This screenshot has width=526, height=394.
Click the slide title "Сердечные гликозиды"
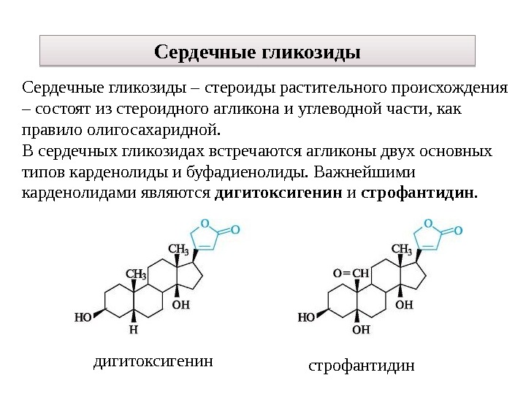click(x=257, y=53)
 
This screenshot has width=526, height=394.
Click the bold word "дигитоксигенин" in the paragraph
click(x=278, y=195)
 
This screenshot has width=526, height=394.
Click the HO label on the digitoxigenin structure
click(x=83, y=317)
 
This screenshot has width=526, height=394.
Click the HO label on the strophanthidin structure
click(x=306, y=317)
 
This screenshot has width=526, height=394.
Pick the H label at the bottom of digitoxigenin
click(x=133, y=329)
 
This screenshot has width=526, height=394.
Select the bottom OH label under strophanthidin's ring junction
click(x=361, y=330)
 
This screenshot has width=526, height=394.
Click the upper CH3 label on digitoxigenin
click(x=179, y=250)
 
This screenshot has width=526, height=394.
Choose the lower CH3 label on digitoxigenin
click(x=137, y=274)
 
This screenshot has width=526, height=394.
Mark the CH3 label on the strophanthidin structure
click(x=403, y=250)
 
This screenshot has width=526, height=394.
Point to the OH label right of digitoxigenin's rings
click(x=181, y=304)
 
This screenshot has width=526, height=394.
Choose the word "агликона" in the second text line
click(x=245, y=110)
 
